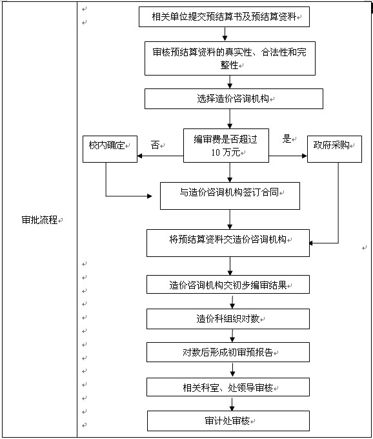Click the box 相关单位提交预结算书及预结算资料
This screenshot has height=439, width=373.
tap(224, 17)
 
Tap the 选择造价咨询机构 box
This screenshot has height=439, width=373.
tap(233, 99)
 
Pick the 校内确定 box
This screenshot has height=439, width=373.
tap(106, 147)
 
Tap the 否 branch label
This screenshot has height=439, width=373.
tap(155, 145)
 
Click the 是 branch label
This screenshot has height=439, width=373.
tap(287, 138)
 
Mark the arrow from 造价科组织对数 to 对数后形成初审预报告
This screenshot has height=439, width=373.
tap(230, 335)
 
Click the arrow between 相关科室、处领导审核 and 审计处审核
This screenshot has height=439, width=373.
tap(230, 403)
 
